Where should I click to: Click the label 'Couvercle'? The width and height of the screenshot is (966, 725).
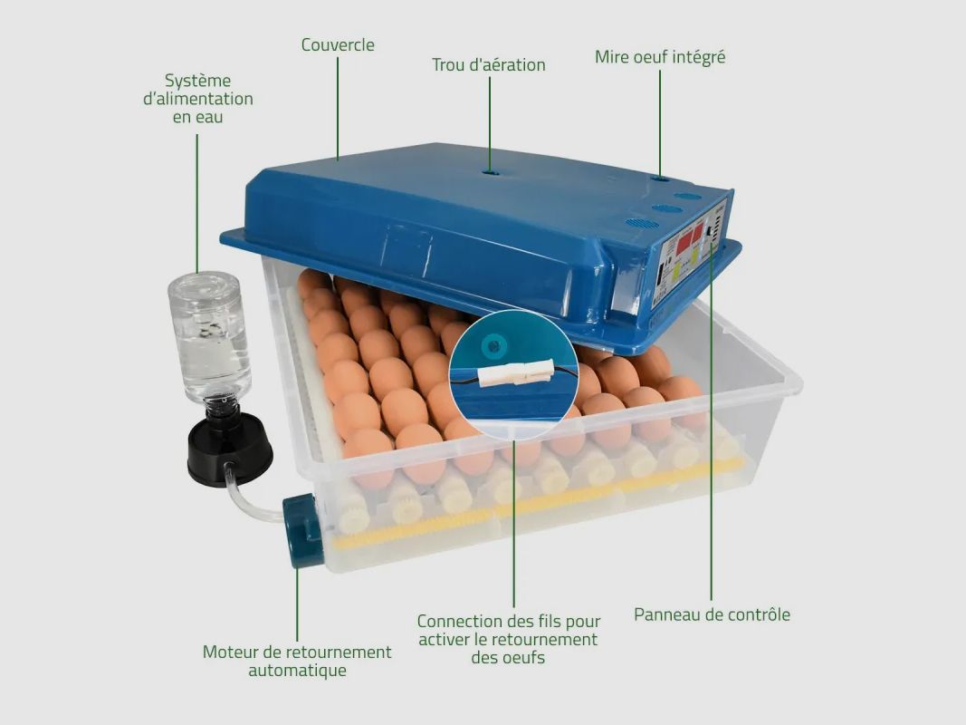click(338, 44)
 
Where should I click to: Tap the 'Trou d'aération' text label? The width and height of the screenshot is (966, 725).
click(489, 64)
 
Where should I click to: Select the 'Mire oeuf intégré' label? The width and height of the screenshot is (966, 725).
click(660, 57)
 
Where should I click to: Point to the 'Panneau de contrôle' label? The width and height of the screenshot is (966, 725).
click(712, 614)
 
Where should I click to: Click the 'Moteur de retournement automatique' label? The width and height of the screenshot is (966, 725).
click(297, 661)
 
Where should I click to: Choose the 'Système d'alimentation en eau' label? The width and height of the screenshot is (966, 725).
click(197, 99)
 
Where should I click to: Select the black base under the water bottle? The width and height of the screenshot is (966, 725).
click(229, 449)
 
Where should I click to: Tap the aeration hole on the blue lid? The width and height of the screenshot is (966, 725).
click(491, 172)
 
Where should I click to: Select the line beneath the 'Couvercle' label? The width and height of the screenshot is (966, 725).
click(338, 109)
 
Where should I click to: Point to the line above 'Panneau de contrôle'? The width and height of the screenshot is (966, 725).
click(712, 421)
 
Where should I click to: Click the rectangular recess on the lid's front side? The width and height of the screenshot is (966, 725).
click(406, 251)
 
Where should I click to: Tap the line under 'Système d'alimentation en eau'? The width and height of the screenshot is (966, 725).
click(197, 203)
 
